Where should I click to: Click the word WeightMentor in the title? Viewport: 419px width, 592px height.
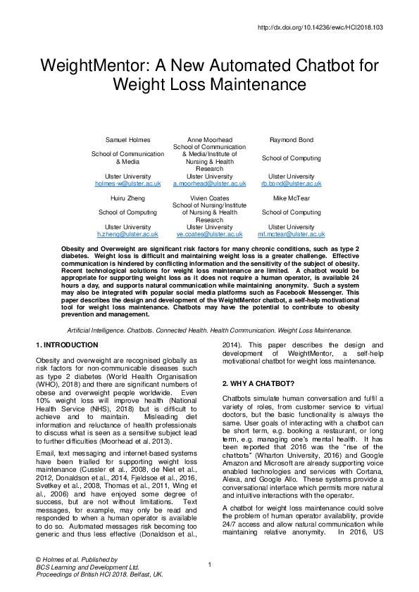point(94,67)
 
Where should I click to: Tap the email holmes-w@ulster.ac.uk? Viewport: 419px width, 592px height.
point(128,183)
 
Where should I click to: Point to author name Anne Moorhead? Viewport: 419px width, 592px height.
point(210,141)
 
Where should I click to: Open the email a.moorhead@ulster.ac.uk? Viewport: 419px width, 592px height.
point(210,183)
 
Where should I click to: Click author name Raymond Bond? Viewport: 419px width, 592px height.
point(292,141)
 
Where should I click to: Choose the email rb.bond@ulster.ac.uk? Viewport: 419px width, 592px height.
point(292,183)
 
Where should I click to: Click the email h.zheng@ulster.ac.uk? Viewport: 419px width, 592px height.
point(128,233)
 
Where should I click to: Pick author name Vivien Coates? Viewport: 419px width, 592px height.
point(210,199)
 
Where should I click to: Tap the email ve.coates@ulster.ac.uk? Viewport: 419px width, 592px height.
point(210,233)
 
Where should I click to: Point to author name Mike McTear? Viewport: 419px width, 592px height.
point(292,199)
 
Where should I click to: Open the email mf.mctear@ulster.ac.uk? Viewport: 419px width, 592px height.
point(292,233)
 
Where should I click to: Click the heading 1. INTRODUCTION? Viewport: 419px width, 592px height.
point(66,345)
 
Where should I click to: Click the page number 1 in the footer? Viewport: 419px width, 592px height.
point(210,565)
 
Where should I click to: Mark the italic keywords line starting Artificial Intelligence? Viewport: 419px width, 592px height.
point(209,330)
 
